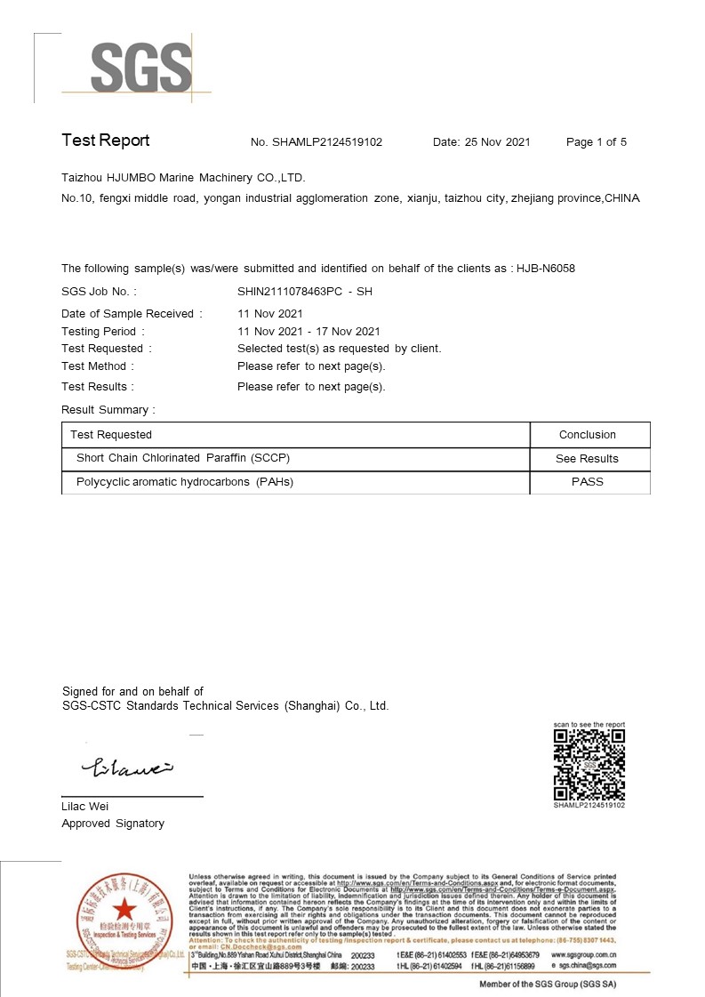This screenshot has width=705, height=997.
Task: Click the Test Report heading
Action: pyautogui.click(x=105, y=141)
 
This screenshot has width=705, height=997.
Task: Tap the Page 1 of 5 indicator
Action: pyautogui.click(x=597, y=142)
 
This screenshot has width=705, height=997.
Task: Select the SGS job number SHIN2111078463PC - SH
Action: pyautogui.click(x=304, y=292)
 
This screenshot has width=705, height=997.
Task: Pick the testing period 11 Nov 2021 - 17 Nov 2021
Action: pyautogui.click(x=308, y=332)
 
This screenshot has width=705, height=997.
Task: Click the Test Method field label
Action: pyautogui.click(x=98, y=366)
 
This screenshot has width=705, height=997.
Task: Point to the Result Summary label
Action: pyautogui.click(x=108, y=410)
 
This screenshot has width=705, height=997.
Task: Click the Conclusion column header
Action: pyautogui.click(x=587, y=435)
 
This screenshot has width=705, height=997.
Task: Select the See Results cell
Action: pyautogui.click(x=587, y=459)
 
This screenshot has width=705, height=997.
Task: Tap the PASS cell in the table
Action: pyautogui.click(x=587, y=482)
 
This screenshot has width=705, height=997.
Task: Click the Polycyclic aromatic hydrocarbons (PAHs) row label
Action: pyautogui.click(x=185, y=482)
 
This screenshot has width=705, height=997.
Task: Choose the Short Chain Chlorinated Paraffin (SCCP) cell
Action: pyautogui.click(x=183, y=458)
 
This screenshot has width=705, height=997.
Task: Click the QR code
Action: pyautogui.click(x=589, y=765)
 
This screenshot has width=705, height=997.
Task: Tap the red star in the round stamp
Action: pyautogui.click(x=123, y=910)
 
